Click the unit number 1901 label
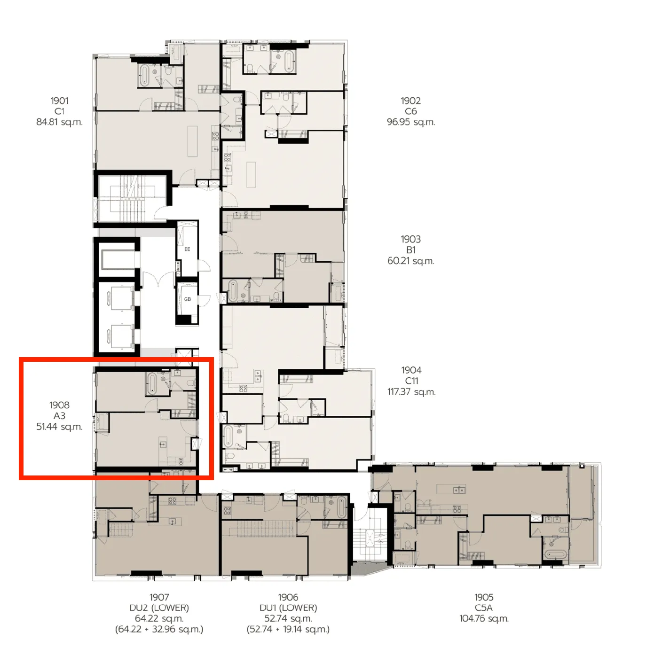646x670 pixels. tap(59, 101)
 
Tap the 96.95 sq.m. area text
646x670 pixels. tap(410, 122)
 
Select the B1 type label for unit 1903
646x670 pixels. tap(410, 250)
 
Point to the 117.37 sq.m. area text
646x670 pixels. tap(411, 391)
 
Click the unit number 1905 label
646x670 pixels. tap(484, 597)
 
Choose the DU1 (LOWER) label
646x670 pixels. tap(288, 608)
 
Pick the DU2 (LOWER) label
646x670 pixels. tap(159, 608)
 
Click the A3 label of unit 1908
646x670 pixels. tap(59, 416)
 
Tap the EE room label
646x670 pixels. tap(187, 249)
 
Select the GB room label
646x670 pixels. tap(187, 299)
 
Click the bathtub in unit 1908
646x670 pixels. tap(153, 383)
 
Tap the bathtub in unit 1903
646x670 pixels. tap(233, 292)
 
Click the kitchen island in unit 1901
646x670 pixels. tap(193, 141)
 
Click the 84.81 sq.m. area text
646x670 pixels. tap(59, 122)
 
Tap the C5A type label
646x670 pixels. tap(484, 608)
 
